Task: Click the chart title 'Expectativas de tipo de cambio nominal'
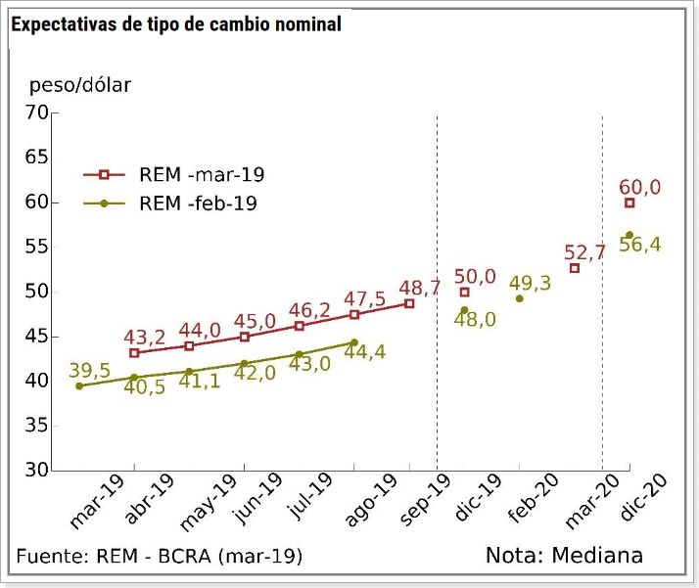(176, 24)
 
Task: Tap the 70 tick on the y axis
(36, 113)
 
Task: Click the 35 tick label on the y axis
(36, 426)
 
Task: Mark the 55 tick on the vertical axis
(36, 248)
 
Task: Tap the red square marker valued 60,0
(629, 203)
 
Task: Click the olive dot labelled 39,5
(79, 385)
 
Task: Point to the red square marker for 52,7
(575, 268)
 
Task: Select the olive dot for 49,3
(519, 298)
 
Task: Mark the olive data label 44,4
(365, 353)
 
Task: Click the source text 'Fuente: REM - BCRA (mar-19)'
(160, 556)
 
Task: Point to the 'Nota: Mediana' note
(564, 556)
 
